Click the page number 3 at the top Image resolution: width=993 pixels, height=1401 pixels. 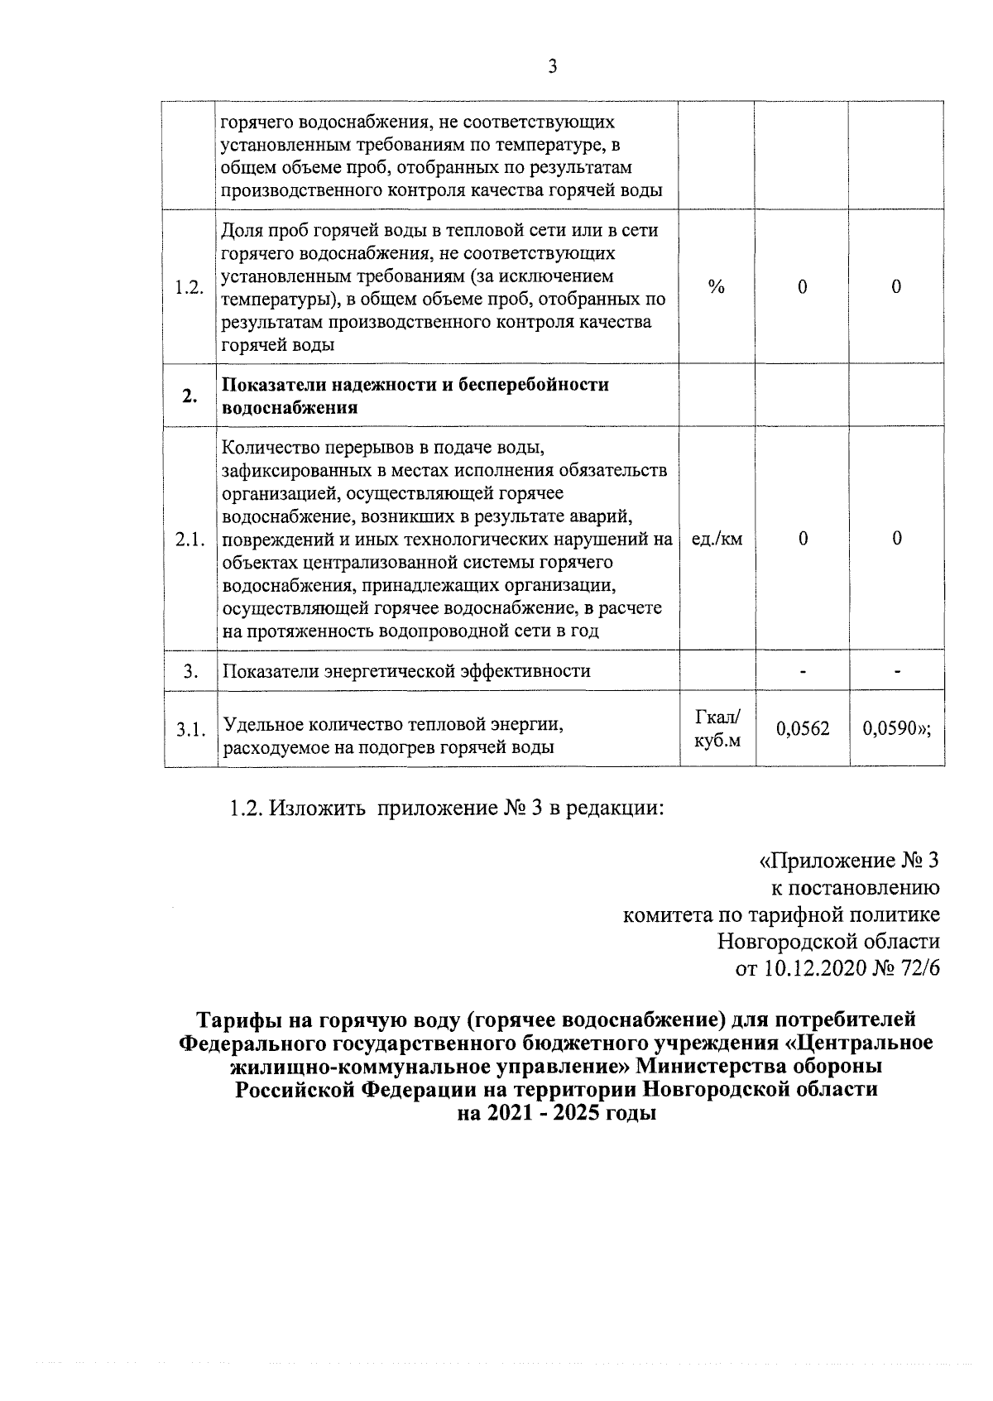(552, 67)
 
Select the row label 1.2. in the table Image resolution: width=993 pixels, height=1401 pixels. (189, 287)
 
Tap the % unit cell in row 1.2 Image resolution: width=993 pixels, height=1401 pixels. (717, 287)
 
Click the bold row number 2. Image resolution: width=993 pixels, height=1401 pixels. (189, 396)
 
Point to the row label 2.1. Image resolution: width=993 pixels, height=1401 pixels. (189, 540)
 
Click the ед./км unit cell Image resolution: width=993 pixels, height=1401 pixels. (717, 540)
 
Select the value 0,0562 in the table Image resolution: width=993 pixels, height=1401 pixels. (802, 729)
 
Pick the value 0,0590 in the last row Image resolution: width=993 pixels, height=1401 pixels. (892, 729)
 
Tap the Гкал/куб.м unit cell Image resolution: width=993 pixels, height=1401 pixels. (717, 729)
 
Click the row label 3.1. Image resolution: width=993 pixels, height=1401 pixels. (189, 729)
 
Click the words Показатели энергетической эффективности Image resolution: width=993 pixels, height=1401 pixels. (406, 670)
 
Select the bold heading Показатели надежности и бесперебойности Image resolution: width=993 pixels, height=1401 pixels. (415, 385)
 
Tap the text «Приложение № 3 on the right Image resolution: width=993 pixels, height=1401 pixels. (849, 861)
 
